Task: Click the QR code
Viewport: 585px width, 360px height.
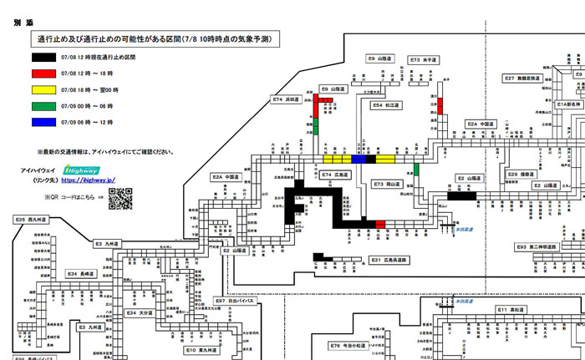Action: [120, 198]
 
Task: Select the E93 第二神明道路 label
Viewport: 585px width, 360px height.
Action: [535, 247]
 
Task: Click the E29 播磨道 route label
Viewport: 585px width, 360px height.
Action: [524, 175]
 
